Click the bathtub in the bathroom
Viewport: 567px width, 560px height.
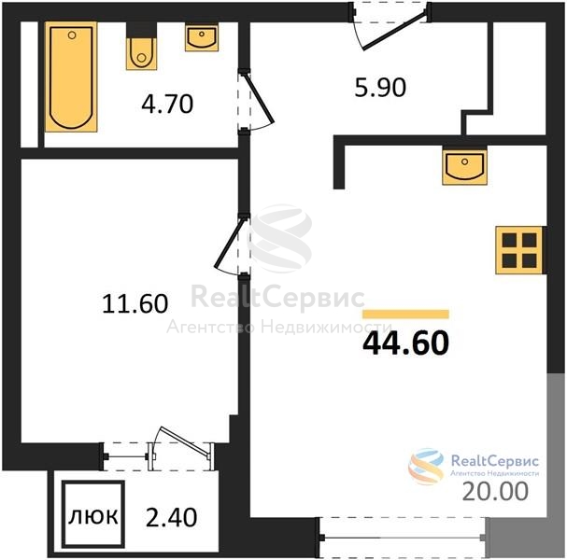71,77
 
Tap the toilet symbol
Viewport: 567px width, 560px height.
141,47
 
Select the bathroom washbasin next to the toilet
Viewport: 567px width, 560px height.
202,37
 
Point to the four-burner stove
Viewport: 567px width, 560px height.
519,250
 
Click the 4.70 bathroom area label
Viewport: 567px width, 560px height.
167,104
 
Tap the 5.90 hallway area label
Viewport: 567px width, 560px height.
380,88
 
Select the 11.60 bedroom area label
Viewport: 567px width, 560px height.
135,303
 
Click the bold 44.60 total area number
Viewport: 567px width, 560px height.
405,343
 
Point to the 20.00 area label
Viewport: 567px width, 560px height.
495,491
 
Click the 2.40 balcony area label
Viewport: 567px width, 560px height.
171,517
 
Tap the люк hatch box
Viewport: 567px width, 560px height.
93,514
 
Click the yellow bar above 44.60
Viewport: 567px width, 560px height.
405,315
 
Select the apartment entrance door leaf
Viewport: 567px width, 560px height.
393,32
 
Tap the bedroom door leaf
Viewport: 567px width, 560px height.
229,243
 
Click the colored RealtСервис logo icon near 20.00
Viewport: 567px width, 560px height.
426,466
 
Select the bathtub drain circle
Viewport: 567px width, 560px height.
72,35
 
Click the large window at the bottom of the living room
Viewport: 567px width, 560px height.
402,538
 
